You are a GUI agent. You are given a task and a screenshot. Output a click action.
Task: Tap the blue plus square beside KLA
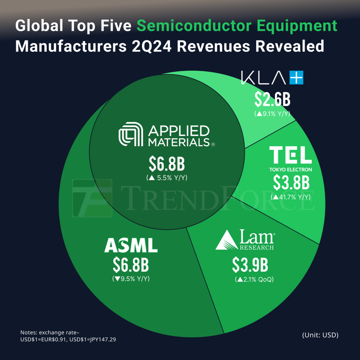point(296,78)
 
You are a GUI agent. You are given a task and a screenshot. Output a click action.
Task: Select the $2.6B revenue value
point(272,100)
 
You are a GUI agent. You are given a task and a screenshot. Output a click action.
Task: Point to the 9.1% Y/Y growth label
point(272,114)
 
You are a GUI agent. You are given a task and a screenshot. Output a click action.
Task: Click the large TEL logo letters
point(290,155)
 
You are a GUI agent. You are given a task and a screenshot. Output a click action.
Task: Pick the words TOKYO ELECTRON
point(291,169)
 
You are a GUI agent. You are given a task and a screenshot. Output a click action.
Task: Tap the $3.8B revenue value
point(291,183)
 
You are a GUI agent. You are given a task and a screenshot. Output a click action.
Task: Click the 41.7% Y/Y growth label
point(291,197)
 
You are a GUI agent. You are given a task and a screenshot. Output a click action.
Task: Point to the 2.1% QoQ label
point(254,280)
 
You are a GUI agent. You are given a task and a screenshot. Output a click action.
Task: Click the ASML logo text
point(131,245)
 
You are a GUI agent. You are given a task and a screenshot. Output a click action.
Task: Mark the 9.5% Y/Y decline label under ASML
point(131,279)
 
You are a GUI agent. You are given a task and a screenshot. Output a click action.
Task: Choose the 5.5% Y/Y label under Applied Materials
point(167,178)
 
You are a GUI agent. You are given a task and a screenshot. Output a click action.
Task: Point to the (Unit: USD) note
point(320,335)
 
